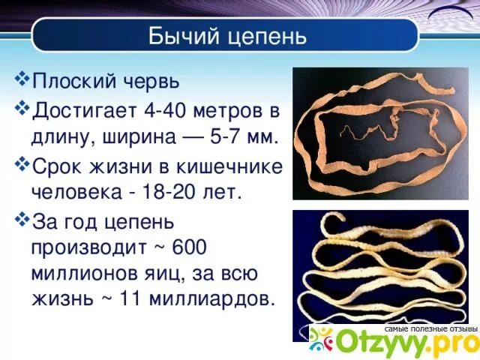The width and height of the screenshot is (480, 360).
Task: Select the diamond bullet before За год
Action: tap(22, 219)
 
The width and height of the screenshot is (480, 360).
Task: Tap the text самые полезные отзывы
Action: tap(430, 328)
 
